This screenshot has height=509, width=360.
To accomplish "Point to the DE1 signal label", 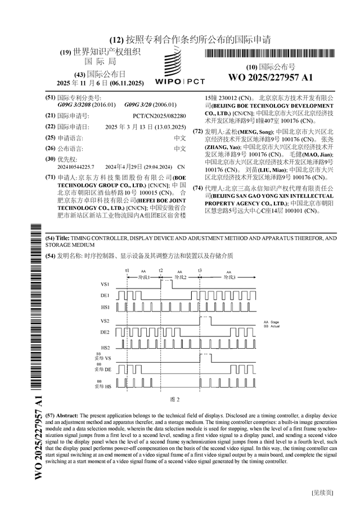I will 105,295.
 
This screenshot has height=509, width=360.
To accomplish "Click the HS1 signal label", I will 105,307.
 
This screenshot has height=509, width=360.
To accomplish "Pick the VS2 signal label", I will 105,321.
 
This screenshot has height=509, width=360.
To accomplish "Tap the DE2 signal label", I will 105,334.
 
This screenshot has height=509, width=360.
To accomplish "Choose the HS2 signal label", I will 105,347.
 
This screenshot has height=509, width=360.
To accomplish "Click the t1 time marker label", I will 127,271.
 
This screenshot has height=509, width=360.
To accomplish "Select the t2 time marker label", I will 161,271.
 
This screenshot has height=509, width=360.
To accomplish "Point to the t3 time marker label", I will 200,271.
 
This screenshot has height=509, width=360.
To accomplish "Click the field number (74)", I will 197,188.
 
